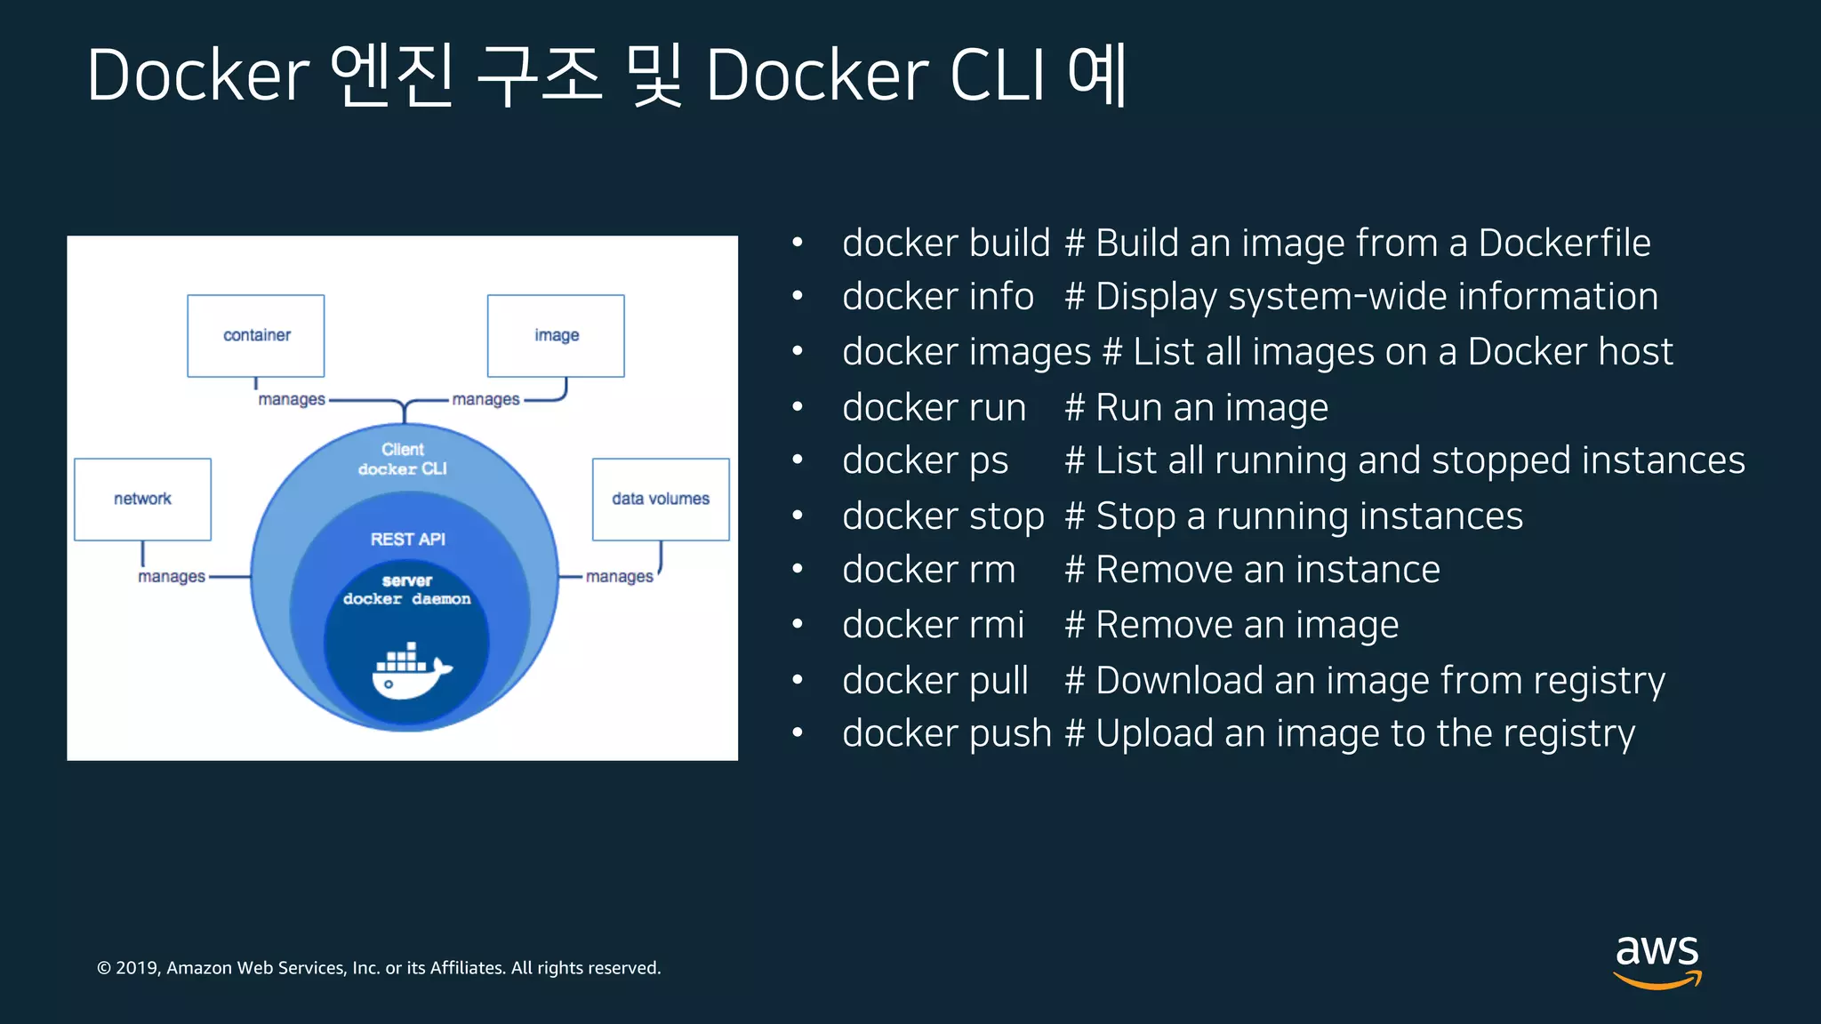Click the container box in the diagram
click(256, 335)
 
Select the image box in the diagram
click(556, 335)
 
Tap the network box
click(142, 499)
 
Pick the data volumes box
click(661, 499)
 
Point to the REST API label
click(407, 540)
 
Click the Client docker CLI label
click(403, 459)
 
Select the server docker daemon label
click(407, 589)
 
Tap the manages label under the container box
click(292, 399)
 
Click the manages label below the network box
click(172, 577)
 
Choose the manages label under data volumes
click(620, 577)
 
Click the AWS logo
click(1657, 960)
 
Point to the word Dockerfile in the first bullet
click(1564, 243)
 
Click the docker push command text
click(947, 733)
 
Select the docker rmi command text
click(934, 625)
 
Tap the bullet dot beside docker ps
click(798, 460)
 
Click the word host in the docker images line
click(1635, 351)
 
